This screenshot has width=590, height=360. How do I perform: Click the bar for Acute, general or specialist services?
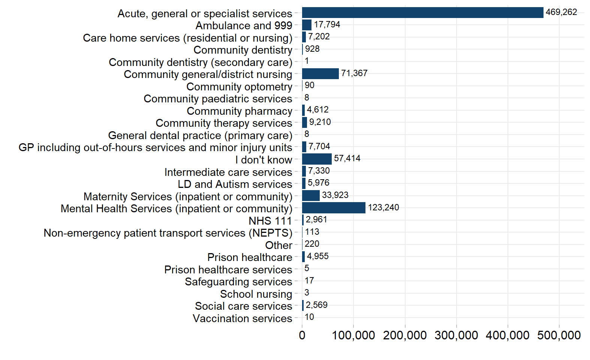(423, 13)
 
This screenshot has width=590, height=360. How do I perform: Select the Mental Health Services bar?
(334, 208)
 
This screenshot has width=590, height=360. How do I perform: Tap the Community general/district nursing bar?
(320, 73)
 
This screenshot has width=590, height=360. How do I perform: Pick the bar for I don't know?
(317, 159)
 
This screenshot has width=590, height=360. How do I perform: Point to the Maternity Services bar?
(311, 195)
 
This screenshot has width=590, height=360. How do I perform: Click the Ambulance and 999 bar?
(307, 25)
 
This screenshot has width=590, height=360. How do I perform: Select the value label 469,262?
(561, 12)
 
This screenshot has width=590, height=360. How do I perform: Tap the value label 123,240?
(383, 207)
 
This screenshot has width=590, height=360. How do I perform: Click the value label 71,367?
(354, 73)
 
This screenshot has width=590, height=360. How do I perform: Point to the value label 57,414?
(347, 158)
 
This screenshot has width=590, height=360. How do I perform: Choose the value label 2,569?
(317, 305)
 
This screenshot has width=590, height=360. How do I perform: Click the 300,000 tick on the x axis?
(456, 335)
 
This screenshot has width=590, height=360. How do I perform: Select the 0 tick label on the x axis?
(302, 335)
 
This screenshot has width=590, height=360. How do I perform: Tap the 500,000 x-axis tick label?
(559, 335)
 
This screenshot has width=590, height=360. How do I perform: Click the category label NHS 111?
(271, 221)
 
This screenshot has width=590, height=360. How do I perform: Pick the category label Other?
(279, 245)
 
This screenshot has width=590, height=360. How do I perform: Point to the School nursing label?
(256, 294)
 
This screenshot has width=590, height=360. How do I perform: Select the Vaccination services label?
(243, 318)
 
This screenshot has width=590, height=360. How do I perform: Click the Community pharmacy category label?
(240, 111)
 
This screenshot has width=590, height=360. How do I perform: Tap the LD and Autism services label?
(235, 184)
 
